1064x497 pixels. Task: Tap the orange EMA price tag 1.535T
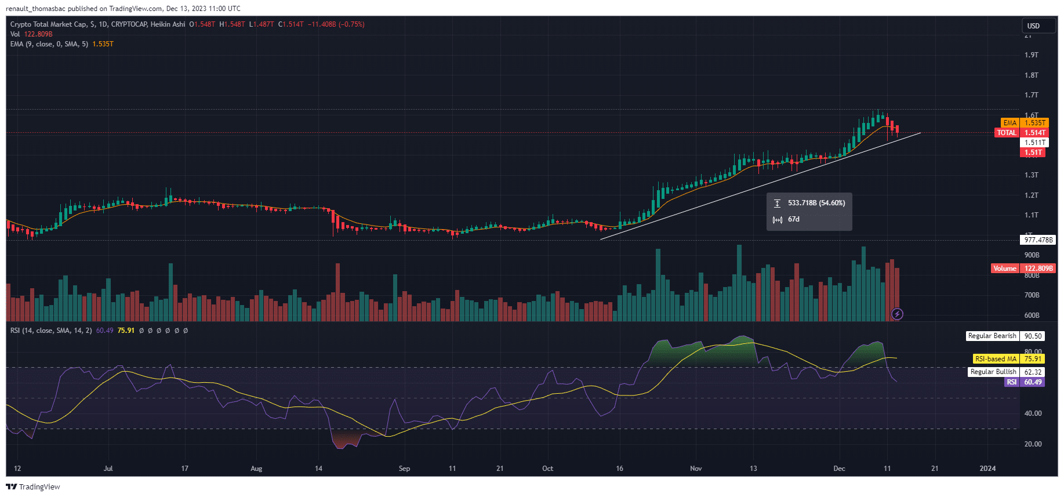(1034, 123)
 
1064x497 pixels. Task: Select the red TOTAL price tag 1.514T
(1034, 133)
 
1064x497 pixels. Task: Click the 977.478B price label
(1038, 240)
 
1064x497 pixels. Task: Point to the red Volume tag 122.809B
(1038, 269)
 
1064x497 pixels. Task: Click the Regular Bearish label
(992, 336)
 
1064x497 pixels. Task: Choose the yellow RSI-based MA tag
(996, 359)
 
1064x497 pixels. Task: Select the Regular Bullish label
(993, 372)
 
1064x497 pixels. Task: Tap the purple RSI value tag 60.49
(1032, 382)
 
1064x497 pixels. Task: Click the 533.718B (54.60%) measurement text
(816, 203)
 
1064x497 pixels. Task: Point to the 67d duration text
(793, 219)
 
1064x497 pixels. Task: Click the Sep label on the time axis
(404, 469)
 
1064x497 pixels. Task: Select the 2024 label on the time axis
(987, 469)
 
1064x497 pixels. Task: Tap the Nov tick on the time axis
(696, 469)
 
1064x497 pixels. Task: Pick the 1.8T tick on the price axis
(1031, 75)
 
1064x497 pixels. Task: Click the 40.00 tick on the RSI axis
(1033, 413)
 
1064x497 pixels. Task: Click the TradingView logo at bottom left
(33, 487)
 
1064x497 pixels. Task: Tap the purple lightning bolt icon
(897, 314)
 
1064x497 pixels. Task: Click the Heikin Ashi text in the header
(168, 24)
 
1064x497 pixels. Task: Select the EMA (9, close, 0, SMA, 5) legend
(49, 44)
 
